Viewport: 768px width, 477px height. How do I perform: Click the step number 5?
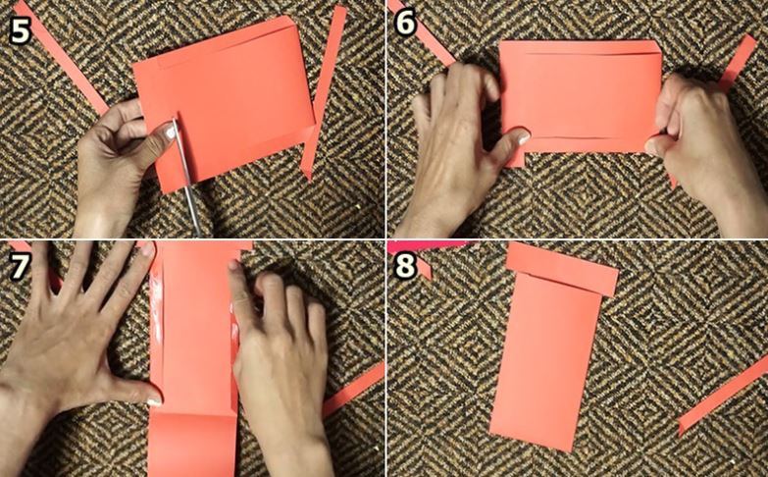click(x=20, y=30)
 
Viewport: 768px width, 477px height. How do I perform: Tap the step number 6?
click(x=405, y=23)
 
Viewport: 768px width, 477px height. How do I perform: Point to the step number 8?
click(x=405, y=265)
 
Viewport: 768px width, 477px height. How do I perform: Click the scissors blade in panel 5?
click(x=187, y=178)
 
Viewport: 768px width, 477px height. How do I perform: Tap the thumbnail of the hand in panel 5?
click(x=170, y=132)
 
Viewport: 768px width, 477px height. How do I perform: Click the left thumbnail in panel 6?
click(x=523, y=137)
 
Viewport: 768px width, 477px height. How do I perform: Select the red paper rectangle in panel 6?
click(x=581, y=95)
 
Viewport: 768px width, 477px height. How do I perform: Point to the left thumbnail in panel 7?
click(x=154, y=402)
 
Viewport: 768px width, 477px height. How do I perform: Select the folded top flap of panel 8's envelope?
click(x=562, y=269)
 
